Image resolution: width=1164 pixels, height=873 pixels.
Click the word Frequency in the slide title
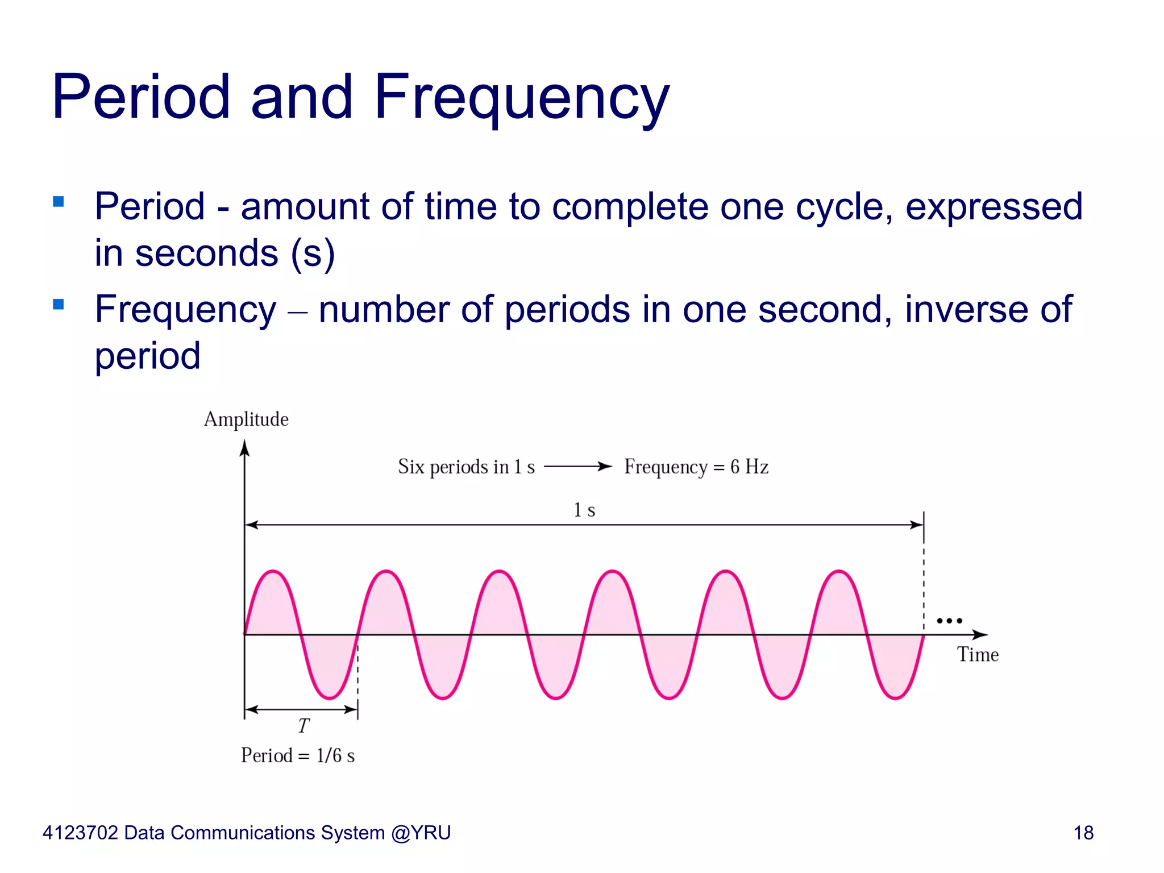tap(521, 98)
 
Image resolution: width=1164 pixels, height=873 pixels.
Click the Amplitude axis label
tap(246, 419)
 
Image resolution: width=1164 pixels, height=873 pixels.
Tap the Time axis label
tap(978, 655)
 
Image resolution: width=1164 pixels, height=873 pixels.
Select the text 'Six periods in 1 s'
tap(466, 467)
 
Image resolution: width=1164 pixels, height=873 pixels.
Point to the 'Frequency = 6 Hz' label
tap(696, 467)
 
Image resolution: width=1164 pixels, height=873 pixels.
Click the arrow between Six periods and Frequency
tap(578, 467)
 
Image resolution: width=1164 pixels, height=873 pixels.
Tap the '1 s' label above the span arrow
tap(584, 510)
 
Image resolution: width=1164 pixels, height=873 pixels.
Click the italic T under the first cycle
tap(304, 726)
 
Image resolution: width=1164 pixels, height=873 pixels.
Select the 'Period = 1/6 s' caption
tap(298, 756)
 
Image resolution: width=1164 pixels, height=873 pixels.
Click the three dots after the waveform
tap(949, 621)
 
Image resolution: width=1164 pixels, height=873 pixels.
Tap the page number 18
tap(1083, 833)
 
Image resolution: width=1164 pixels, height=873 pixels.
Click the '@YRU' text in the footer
tap(421, 833)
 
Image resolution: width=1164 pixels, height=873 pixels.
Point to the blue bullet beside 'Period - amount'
tap(58, 202)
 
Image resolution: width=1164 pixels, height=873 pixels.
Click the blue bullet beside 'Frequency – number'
tap(58, 305)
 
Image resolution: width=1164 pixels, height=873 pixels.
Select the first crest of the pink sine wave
tap(273, 571)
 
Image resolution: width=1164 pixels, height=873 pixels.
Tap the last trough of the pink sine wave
tap(896, 698)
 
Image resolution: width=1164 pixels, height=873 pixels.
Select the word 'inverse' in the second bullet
tap(966, 310)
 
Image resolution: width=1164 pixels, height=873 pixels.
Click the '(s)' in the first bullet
tap(313, 253)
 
